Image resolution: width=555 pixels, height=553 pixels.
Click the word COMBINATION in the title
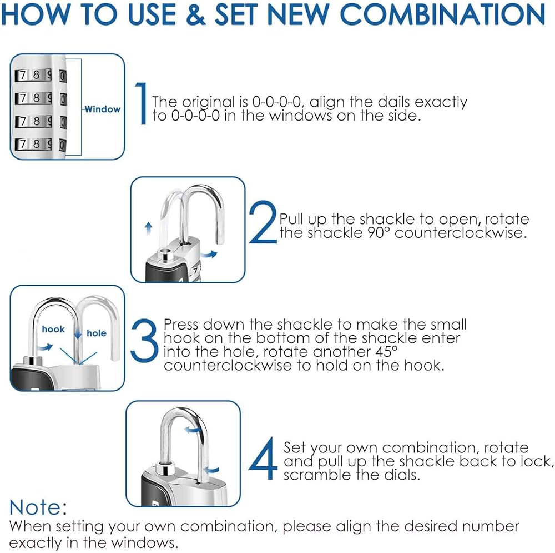point(442,14)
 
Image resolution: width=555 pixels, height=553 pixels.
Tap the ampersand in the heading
point(195,14)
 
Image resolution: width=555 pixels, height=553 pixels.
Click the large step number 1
point(141,103)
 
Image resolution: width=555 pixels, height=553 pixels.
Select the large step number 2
point(263,222)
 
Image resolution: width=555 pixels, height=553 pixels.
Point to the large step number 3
point(144,341)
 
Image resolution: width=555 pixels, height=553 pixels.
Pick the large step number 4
point(263,458)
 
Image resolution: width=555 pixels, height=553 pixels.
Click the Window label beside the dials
point(103,109)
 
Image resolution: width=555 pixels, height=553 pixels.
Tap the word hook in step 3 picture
point(53,330)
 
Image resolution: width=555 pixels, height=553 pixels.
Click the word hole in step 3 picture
point(96,333)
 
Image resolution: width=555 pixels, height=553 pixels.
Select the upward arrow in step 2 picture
point(149,228)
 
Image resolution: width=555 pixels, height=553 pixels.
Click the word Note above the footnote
point(36,507)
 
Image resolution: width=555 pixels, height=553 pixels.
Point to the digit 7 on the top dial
point(23,76)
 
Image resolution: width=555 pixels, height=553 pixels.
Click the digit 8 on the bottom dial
point(36,143)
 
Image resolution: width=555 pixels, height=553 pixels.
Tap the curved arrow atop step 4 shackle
point(191,430)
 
